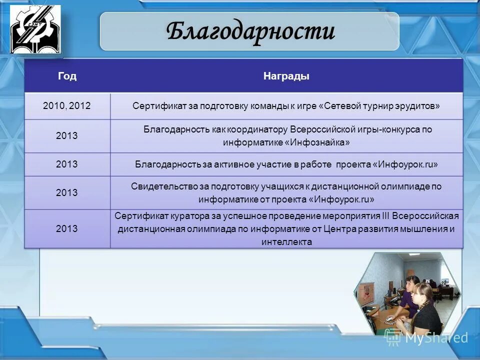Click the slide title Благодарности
250,32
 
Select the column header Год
67,76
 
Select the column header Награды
286,76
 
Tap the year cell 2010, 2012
67,105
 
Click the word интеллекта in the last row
286,242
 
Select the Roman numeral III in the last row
385,216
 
